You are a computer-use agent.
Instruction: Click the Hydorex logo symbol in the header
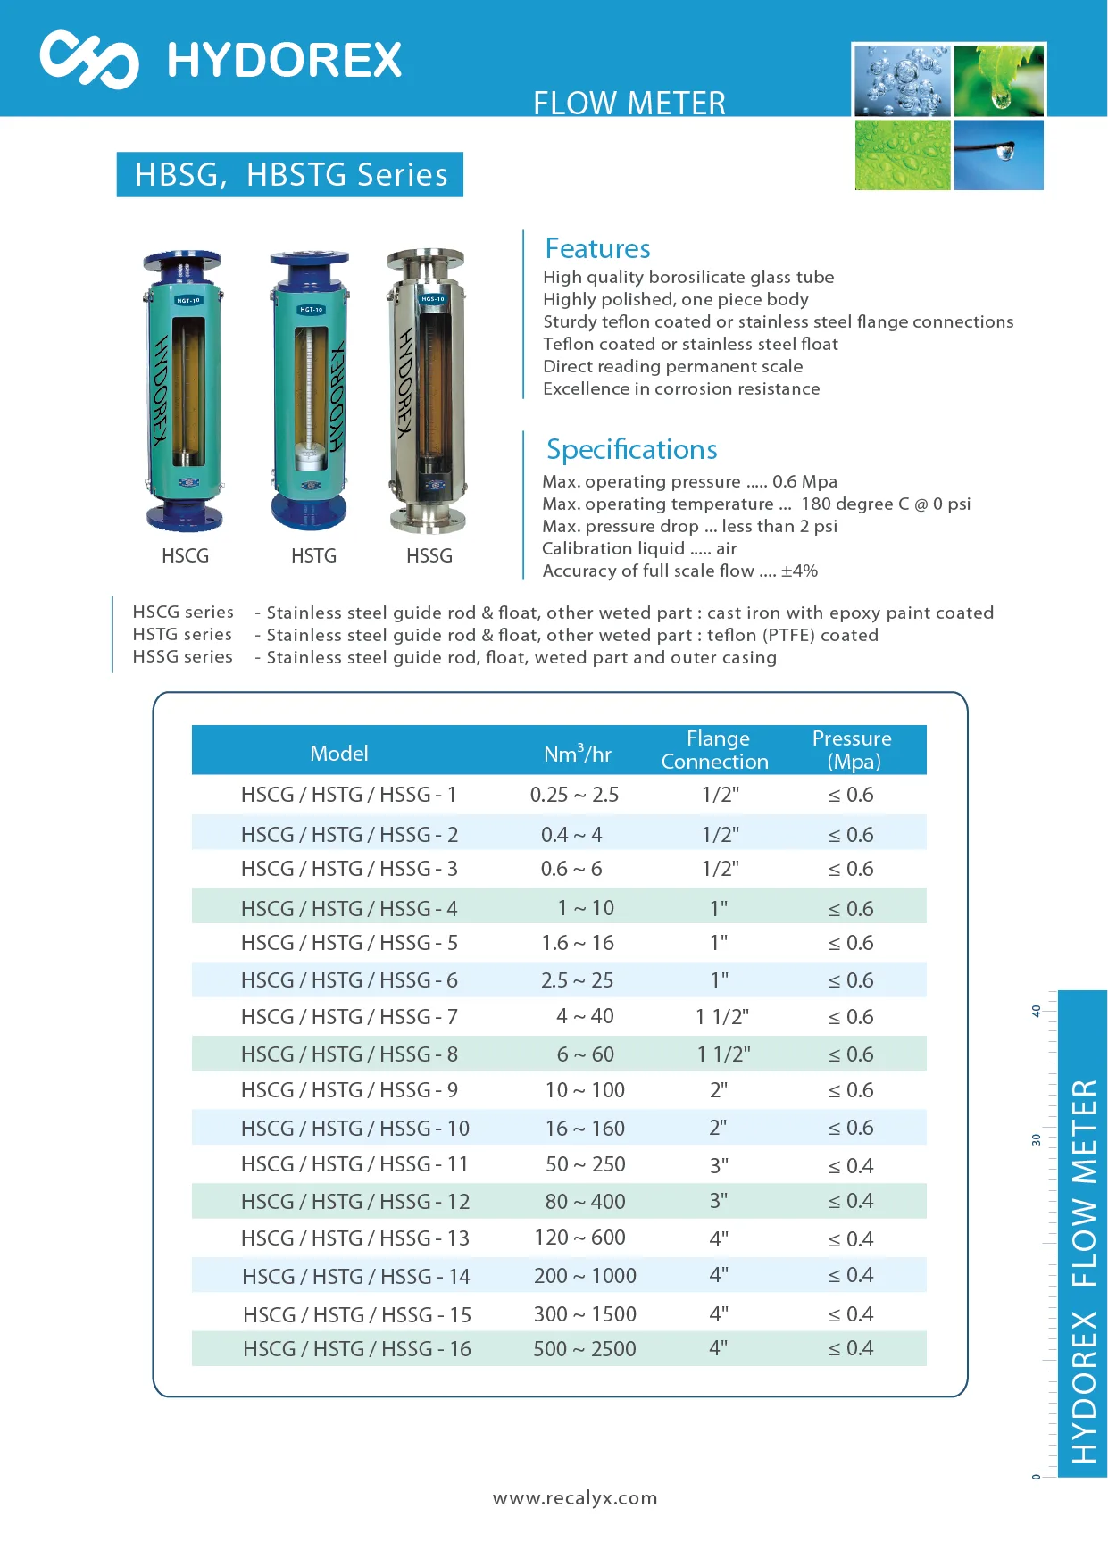click(x=89, y=60)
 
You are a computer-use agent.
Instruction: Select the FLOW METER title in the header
click(x=629, y=103)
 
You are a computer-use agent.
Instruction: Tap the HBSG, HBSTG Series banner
click(x=290, y=174)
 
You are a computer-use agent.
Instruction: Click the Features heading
click(x=597, y=248)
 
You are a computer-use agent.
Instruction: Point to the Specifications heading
click(x=631, y=449)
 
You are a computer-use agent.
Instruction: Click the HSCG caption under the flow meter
click(x=185, y=556)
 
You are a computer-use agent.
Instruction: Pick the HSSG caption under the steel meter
click(x=429, y=556)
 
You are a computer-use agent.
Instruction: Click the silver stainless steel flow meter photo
click(x=427, y=390)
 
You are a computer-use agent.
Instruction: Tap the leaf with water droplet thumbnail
click(x=999, y=80)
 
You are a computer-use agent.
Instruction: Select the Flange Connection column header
click(x=716, y=750)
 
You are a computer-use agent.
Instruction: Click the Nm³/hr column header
click(x=578, y=754)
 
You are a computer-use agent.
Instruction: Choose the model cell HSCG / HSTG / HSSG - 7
click(x=349, y=1017)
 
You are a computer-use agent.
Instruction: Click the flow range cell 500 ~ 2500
click(x=585, y=1349)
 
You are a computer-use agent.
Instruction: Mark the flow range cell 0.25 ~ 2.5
click(x=574, y=795)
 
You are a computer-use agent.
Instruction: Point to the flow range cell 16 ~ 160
click(x=585, y=1129)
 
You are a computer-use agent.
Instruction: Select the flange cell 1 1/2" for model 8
click(x=723, y=1054)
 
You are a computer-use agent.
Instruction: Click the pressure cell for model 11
click(x=851, y=1166)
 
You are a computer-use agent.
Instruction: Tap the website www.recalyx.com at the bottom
click(x=575, y=1498)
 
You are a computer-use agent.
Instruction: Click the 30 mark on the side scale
click(x=1036, y=1139)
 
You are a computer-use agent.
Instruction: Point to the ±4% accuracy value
click(x=799, y=571)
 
